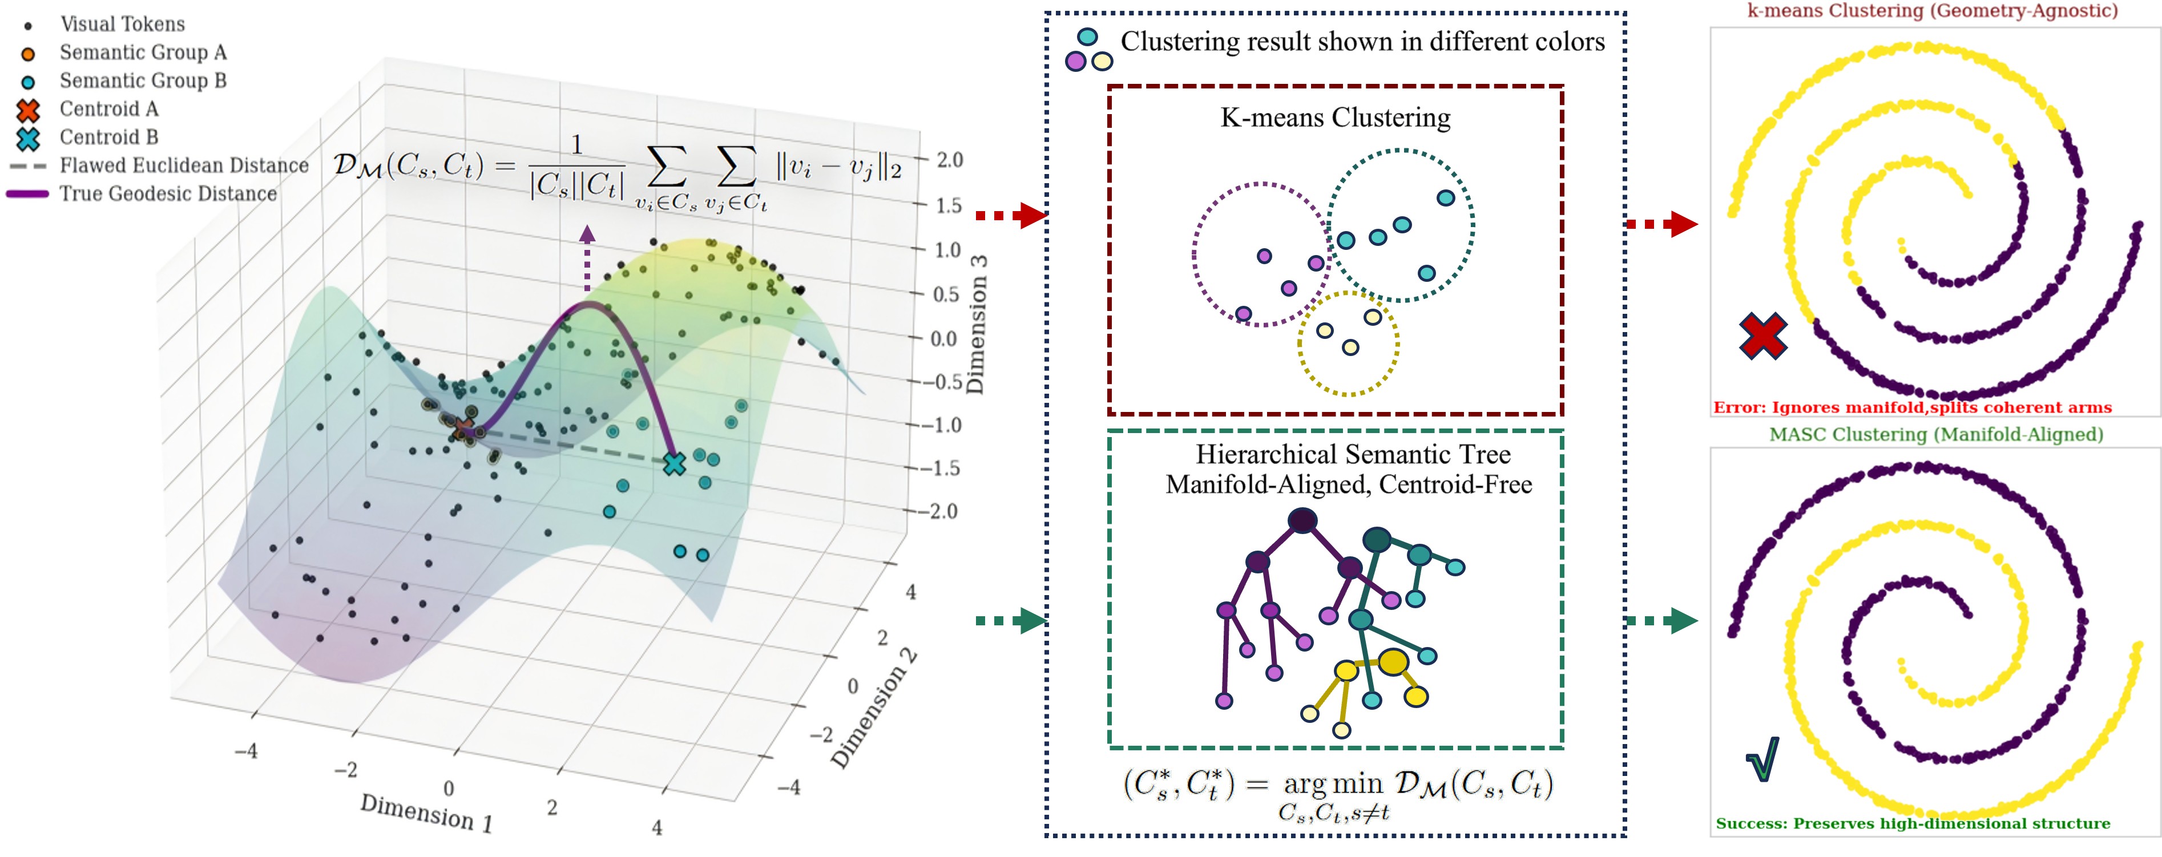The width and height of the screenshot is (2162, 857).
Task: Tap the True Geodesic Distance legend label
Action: click(x=168, y=194)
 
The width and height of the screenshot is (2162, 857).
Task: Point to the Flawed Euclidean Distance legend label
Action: click(x=184, y=165)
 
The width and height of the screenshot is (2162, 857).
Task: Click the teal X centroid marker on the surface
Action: click(x=674, y=463)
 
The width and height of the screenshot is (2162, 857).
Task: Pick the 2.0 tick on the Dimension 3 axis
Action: click(x=949, y=160)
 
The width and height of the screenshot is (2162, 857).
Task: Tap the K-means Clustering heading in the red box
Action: click(x=1334, y=118)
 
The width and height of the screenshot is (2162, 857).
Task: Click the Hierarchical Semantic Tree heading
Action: click(x=1352, y=454)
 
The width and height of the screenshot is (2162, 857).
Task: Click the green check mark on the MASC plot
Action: click(x=1762, y=759)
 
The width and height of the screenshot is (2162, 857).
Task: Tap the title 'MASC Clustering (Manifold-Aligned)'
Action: click(x=1935, y=435)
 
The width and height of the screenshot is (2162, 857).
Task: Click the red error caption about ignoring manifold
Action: click(x=1912, y=408)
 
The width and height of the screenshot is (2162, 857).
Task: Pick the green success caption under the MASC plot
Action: click(x=1912, y=823)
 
